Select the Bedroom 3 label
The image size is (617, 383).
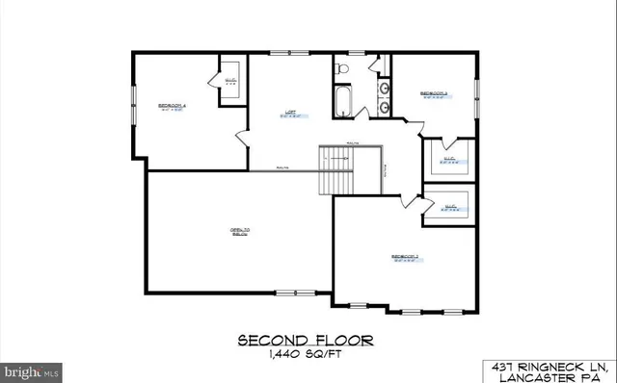(x=433, y=93)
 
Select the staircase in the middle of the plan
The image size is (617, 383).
(x=338, y=169)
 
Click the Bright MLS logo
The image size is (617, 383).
(x=32, y=370)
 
